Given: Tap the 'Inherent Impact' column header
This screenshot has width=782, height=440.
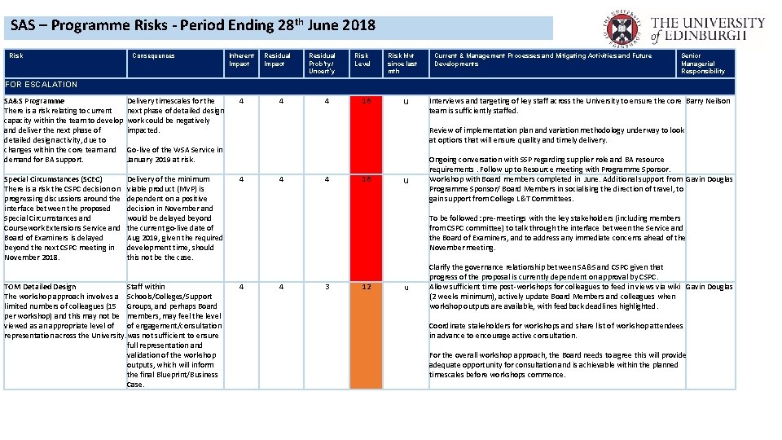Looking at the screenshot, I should (240, 59).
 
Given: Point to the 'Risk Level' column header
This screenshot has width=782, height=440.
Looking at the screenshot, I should (362, 59).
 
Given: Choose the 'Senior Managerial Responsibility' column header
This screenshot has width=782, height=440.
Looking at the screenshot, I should (702, 64).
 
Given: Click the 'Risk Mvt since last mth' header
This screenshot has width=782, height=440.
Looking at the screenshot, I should (402, 64).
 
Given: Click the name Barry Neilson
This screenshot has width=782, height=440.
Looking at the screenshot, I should (709, 101).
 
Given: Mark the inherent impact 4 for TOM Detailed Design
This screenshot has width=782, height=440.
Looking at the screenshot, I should (241, 287).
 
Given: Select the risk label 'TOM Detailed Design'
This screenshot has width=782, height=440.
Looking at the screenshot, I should (40, 287).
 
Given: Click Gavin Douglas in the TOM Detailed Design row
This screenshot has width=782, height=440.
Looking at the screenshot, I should (709, 287).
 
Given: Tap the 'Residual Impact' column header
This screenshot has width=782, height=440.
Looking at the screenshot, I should (278, 59).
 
